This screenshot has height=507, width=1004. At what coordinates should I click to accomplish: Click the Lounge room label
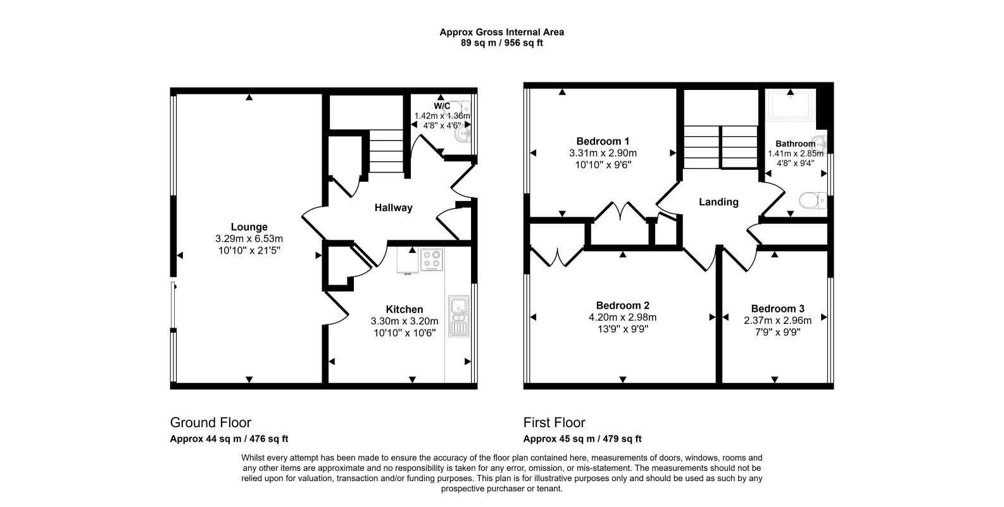tap(249, 227)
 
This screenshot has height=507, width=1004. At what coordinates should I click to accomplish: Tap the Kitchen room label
tap(404, 309)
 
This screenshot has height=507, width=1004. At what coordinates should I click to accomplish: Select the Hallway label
tap(393, 207)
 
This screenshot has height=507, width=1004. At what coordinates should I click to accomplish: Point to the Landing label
tap(718, 202)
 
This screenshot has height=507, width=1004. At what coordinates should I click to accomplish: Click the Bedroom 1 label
tap(603, 141)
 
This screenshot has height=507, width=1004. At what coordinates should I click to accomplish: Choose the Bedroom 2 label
tap(622, 305)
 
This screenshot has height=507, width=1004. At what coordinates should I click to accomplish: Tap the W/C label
tap(442, 106)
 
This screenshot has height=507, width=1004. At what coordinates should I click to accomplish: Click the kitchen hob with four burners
tap(432, 260)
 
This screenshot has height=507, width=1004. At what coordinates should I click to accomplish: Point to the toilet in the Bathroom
tap(812, 201)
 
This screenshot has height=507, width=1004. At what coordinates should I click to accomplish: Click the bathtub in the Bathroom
tap(791, 105)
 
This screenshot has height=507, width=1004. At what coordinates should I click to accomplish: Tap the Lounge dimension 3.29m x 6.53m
tap(249, 239)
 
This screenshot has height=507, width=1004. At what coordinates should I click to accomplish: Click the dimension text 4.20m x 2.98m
tap(622, 318)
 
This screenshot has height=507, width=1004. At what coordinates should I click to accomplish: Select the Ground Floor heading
tap(211, 423)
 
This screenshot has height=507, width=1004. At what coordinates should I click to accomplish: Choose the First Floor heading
tap(554, 423)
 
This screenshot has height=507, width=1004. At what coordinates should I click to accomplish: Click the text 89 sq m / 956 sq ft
tap(501, 43)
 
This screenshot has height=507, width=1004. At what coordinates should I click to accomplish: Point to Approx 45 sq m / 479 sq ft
tap(582, 439)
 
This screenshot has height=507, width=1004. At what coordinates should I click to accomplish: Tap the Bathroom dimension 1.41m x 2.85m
tap(795, 153)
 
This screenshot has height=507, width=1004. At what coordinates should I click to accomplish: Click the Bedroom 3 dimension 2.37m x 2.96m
tap(777, 321)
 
